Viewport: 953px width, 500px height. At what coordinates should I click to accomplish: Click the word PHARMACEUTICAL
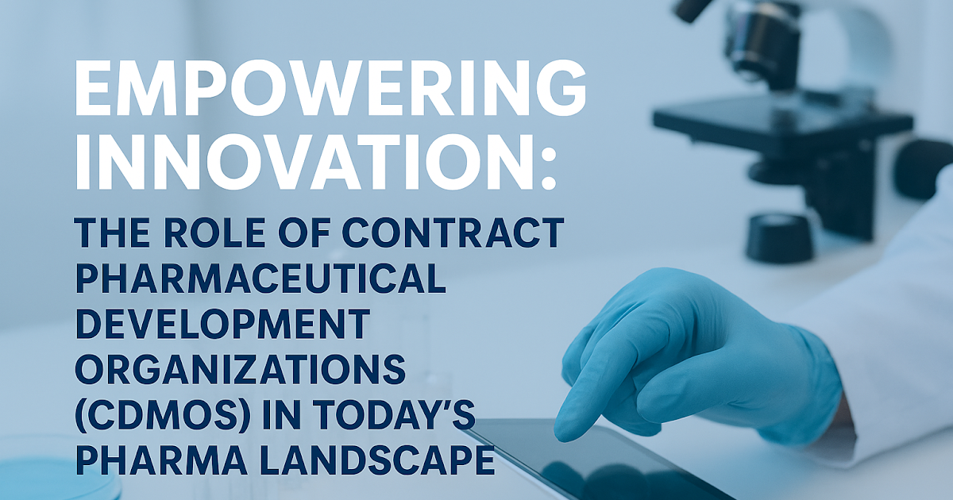coord(258,279)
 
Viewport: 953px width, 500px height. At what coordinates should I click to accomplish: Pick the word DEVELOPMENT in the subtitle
coord(222,325)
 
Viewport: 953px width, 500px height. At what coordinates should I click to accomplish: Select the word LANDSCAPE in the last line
coord(357,461)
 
